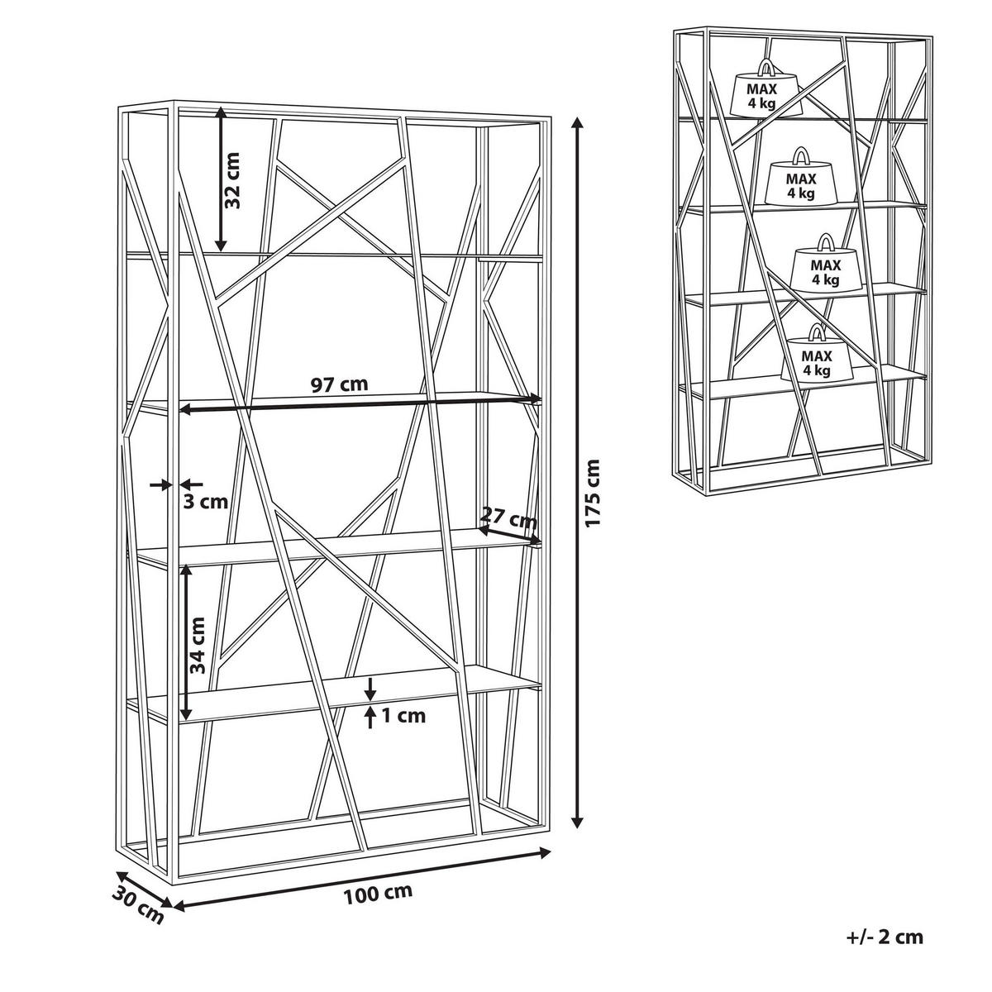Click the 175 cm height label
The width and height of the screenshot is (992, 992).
(593, 493)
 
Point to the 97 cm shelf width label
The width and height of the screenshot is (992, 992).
(339, 384)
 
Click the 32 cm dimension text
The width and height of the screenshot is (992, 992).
(232, 180)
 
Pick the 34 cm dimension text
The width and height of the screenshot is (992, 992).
(198, 645)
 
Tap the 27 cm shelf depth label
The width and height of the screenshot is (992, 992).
(508, 517)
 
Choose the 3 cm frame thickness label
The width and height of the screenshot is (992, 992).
(205, 502)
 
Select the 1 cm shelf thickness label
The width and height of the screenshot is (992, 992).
(403, 716)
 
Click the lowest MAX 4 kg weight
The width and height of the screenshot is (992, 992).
(816, 355)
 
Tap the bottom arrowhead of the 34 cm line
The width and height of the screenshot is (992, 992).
(186, 713)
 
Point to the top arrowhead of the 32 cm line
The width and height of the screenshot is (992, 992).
(221, 112)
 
